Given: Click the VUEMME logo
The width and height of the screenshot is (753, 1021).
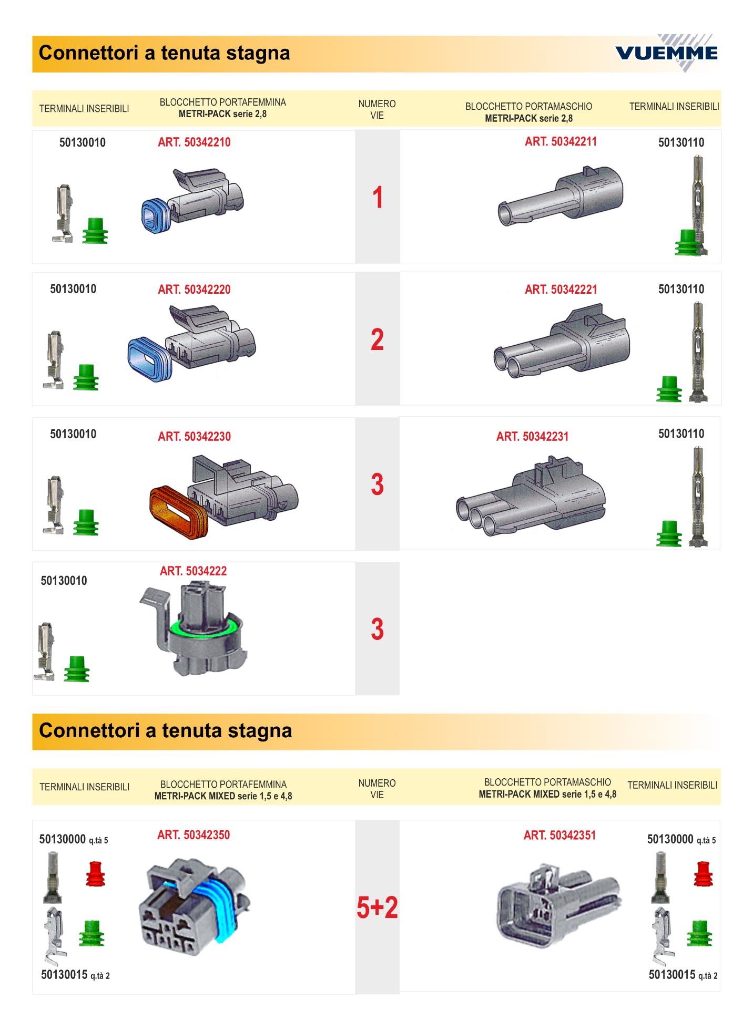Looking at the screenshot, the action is (x=666, y=53).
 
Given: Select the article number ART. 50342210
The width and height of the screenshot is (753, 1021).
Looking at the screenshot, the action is (x=194, y=142).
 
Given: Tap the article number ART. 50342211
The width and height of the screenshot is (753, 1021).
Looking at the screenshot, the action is (x=561, y=141).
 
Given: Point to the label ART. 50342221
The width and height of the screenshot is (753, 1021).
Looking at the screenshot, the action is (x=561, y=290).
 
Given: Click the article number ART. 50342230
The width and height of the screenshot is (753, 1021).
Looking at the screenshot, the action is (x=194, y=437).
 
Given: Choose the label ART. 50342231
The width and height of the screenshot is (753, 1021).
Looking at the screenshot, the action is (x=532, y=437).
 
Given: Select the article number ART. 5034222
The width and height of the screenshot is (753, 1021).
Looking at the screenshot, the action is (x=193, y=571).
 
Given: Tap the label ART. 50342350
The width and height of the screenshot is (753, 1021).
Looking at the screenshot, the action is (x=194, y=835).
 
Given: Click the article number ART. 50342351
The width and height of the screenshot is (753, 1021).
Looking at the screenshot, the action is (x=559, y=835).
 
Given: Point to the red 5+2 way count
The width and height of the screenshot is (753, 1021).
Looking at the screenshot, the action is (x=377, y=907).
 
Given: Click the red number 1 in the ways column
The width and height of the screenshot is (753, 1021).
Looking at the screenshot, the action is (x=378, y=198).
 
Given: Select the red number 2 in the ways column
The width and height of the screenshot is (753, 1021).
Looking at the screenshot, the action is (x=377, y=340).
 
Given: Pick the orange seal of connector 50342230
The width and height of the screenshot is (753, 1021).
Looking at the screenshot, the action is (x=178, y=513).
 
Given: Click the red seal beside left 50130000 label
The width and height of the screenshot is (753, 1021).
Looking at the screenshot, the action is (x=95, y=874).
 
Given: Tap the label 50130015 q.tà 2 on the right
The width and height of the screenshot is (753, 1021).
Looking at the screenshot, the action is (x=683, y=975).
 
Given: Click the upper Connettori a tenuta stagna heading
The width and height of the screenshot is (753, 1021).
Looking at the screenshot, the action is (x=165, y=53).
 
